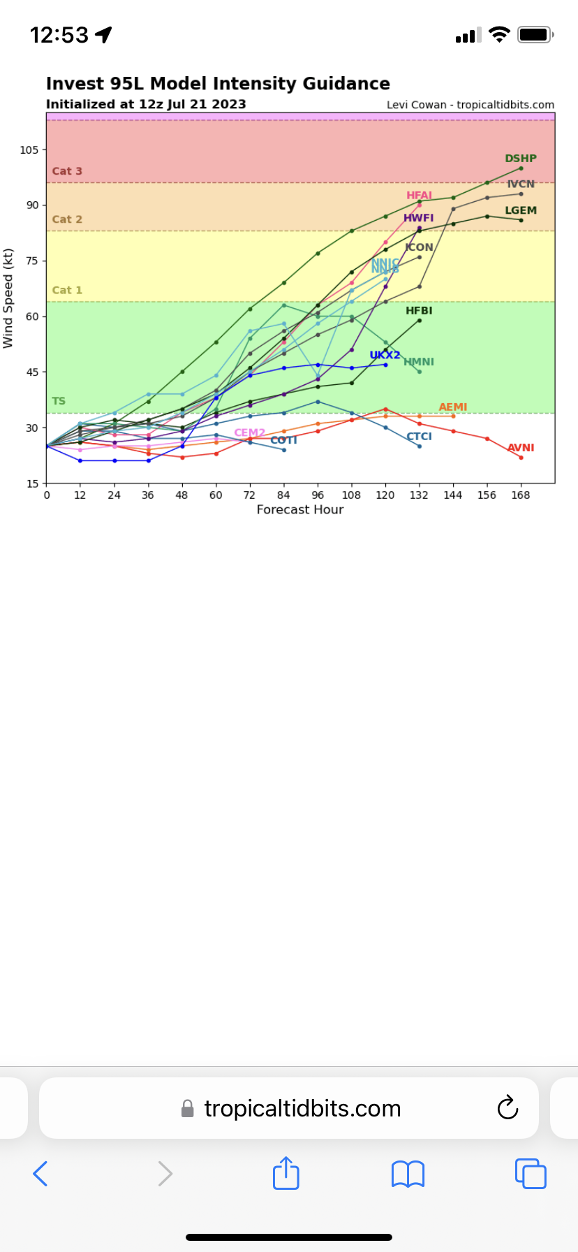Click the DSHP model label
coord(521,159)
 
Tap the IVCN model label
coord(521,184)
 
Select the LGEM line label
coord(521,210)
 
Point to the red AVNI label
coord(521,448)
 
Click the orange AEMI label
coord(453,407)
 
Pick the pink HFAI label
coord(419,196)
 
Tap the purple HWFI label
coord(418,218)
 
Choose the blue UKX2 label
coord(385,355)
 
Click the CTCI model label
coord(419,437)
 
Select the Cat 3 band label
coord(67,171)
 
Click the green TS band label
coord(59,401)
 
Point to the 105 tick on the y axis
coord(29,150)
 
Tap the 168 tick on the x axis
coord(521,495)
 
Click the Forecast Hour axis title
coord(300,510)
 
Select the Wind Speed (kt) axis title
coord(8,298)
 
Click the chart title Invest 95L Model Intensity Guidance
coord(218,84)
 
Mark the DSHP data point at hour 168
coord(521,168)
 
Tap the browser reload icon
coord(507,1107)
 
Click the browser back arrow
coord(40,1174)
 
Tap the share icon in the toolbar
coord(286,1173)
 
